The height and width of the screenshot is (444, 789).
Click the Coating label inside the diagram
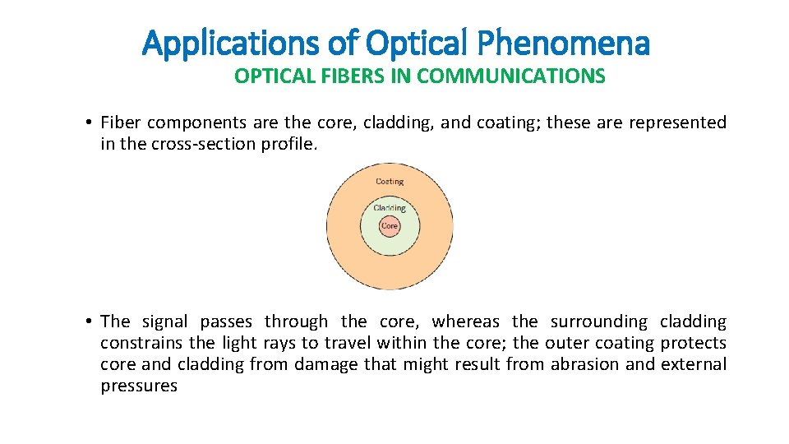(x=390, y=182)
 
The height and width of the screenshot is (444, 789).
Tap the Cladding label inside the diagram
(x=390, y=208)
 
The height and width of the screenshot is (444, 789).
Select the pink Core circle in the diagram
(x=390, y=226)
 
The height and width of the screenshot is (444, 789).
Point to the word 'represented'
(x=677, y=123)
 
